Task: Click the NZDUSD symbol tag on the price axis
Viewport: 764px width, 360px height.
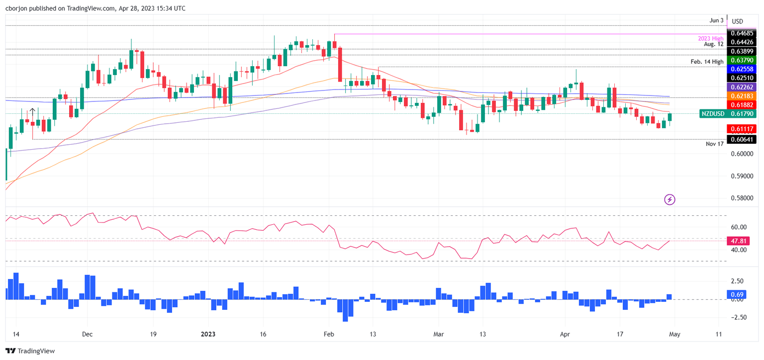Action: (712, 114)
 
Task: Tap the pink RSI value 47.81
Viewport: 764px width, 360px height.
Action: (737, 241)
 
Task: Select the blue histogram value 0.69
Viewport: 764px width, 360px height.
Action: (737, 294)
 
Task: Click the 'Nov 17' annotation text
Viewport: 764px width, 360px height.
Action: (715, 144)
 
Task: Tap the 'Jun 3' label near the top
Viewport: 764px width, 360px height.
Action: (716, 20)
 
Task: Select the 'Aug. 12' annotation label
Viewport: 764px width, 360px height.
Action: (713, 44)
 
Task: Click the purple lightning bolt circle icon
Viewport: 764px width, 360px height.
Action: (669, 199)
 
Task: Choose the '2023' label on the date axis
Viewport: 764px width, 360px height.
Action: (207, 335)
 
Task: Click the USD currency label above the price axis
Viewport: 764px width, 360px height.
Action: (738, 21)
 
